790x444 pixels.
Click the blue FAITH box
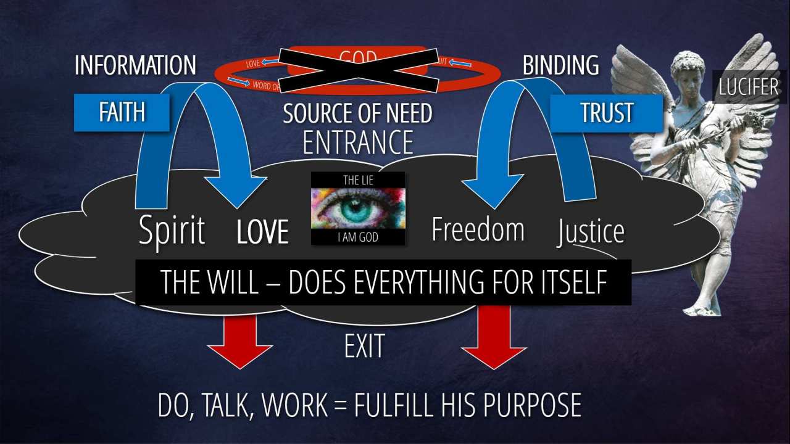122,112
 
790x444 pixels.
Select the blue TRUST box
606,113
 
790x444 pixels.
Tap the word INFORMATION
135,65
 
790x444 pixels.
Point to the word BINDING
560,65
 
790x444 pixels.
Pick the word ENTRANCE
358,142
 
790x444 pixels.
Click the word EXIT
364,346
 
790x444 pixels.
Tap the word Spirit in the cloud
172,231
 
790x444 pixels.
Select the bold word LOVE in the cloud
262,232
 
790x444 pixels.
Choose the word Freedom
478,229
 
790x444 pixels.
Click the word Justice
591,231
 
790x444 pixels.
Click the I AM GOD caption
358,237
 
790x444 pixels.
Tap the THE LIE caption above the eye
358,179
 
